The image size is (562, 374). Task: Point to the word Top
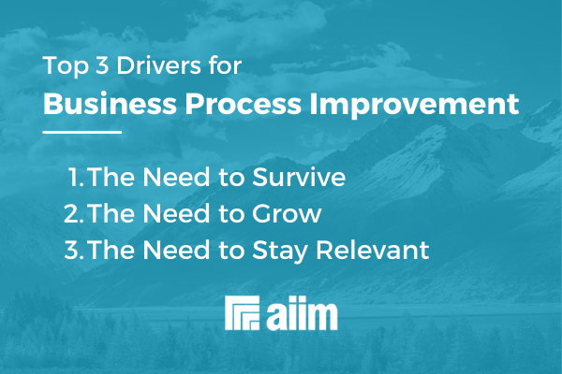(x=61, y=67)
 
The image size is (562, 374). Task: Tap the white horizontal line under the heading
(x=82, y=133)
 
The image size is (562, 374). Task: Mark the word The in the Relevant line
(x=108, y=250)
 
